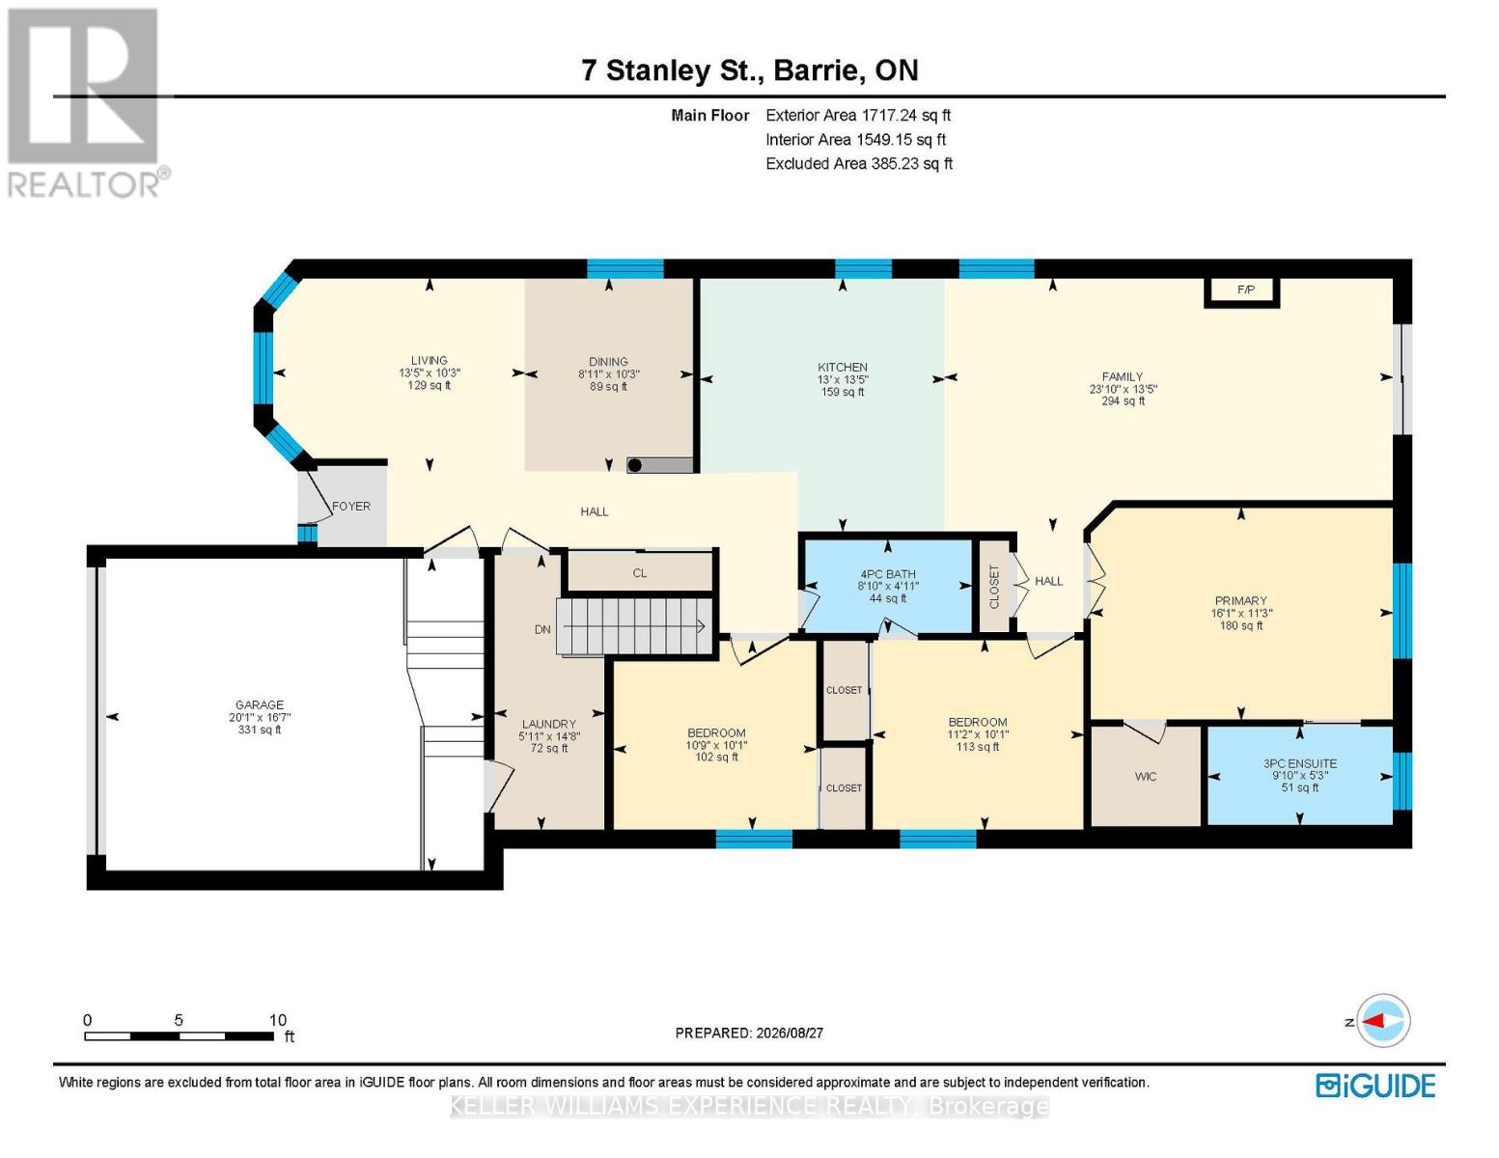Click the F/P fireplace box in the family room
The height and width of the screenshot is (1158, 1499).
pyautogui.click(x=1241, y=291)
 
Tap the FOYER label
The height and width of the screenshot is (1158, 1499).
pyautogui.click(x=351, y=507)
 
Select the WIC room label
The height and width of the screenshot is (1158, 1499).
pyautogui.click(x=1145, y=777)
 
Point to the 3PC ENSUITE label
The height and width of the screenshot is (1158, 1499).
pyautogui.click(x=1299, y=763)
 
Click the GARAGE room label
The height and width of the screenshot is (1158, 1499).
pyautogui.click(x=260, y=704)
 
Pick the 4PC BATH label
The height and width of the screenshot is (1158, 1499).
pyautogui.click(x=888, y=574)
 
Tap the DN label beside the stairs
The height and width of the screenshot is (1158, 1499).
pyautogui.click(x=542, y=629)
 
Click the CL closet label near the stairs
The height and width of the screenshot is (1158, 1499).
pyautogui.click(x=640, y=573)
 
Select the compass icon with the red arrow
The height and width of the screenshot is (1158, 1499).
pyautogui.click(x=1383, y=1021)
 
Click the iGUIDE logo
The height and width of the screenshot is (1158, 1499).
pyautogui.click(x=1375, y=1086)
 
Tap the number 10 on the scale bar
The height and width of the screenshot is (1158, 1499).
pyautogui.click(x=278, y=1020)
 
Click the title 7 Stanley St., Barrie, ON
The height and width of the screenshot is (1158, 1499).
pyautogui.click(x=750, y=70)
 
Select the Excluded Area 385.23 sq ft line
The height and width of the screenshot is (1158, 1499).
pyautogui.click(x=859, y=163)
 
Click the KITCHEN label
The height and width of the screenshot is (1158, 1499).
pyautogui.click(x=843, y=367)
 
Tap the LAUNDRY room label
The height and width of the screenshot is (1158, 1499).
pyautogui.click(x=549, y=724)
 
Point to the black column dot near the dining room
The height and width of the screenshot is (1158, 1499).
pyautogui.click(x=635, y=465)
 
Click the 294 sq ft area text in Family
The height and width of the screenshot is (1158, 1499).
pyautogui.click(x=1123, y=400)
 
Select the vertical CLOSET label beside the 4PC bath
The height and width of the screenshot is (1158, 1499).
pyautogui.click(x=994, y=587)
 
